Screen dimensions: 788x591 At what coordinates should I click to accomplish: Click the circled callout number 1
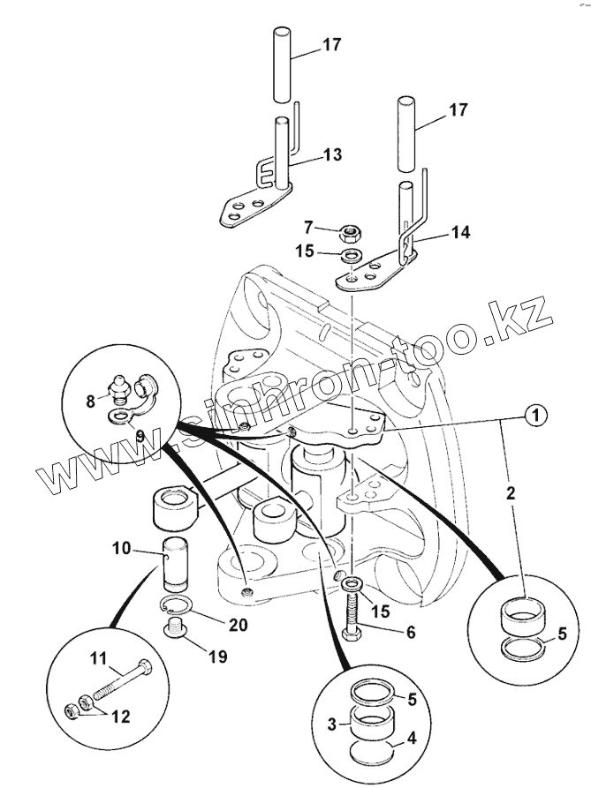click(x=534, y=414)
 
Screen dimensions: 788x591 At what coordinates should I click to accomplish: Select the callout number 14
click(x=459, y=233)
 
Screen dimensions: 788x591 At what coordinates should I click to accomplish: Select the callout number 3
click(x=331, y=724)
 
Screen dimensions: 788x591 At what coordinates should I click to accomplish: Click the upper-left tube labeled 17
click(x=280, y=66)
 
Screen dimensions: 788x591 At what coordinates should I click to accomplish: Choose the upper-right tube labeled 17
click(x=407, y=132)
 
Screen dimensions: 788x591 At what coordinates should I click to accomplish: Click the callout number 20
click(x=237, y=625)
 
